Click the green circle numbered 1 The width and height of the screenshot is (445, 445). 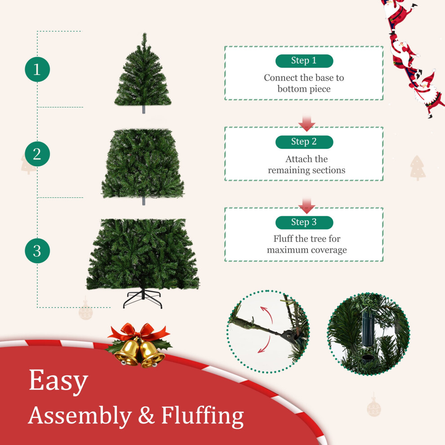pyautogui.click(x=37, y=69)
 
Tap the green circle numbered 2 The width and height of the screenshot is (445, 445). pyautogui.click(x=37, y=154)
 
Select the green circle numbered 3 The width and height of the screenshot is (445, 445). pyautogui.click(x=37, y=251)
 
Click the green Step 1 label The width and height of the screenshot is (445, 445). pyautogui.click(x=304, y=61)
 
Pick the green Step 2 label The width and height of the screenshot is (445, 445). pyautogui.click(x=304, y=142)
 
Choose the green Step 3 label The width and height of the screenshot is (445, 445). pyautogui.click(x=304, y=222)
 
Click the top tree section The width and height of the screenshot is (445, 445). pyautogui.click(x=143, y=73)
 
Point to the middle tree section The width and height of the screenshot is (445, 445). pyautogui.click(x=143, y=165)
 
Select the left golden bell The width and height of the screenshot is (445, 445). pyautogui.click(x=128, y=352)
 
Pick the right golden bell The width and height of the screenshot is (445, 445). pyautogui.click(x=151, y=354)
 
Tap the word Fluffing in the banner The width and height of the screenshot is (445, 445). pyautogui.click(x=202, y=416)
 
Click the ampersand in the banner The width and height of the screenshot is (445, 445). pyautogui.click(x=146, y=415)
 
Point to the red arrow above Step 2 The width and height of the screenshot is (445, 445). pyautogui.click(x=307, y=123)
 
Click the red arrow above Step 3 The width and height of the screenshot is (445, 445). pyautogui.click(x=307, y=206)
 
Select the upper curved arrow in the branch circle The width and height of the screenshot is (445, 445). pyautogui.click(x=268, y=312)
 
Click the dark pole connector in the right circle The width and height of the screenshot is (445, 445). pyautogui.click(x=368, y=329)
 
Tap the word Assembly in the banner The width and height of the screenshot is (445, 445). pyautogui.click(x=80, y=416)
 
